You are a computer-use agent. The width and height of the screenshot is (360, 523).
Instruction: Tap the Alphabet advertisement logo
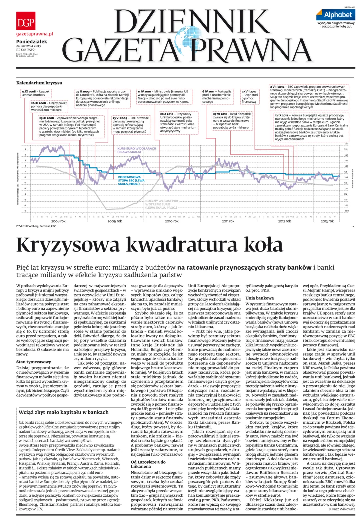click(x=336, y=15)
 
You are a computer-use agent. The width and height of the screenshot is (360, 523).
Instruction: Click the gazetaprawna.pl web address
click(x=35, y=34)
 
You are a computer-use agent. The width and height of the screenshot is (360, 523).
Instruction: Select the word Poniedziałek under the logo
click(x=32, y=42)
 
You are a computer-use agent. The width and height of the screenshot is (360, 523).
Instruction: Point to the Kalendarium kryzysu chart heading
click(x=39, y=83)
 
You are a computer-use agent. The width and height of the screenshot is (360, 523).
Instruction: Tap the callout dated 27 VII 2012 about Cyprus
click(x=250, y=96)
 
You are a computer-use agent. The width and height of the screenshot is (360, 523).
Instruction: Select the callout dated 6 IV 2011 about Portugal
click(x=217, y=96)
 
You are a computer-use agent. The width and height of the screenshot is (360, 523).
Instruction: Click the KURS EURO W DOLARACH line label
click(x=136, y=150)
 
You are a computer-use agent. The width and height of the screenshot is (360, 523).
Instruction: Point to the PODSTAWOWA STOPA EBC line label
click(x=131, y=180)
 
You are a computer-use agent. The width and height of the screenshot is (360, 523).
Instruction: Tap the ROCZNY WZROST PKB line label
click(x=161, y=204)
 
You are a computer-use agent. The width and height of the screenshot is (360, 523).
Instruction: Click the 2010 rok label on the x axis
click(x=172, y=221)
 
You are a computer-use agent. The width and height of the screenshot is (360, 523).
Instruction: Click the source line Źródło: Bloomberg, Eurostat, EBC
click(x=36, y=226)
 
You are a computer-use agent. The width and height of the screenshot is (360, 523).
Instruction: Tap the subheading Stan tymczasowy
click(x=34, y=362)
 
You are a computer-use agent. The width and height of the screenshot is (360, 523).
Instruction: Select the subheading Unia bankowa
click(x=259, y=298)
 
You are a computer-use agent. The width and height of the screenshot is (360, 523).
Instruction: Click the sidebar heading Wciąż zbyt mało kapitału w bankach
click(x=64, y=412)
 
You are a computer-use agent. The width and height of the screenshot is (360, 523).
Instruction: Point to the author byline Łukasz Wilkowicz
click(x=342, y=509)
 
